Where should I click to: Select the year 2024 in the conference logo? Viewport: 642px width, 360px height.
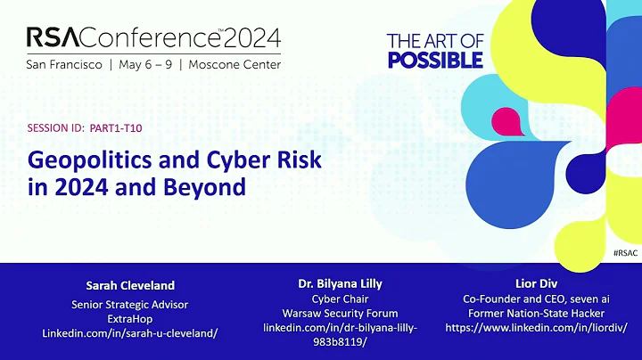point(252,38)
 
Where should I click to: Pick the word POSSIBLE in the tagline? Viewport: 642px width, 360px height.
point(435,60)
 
